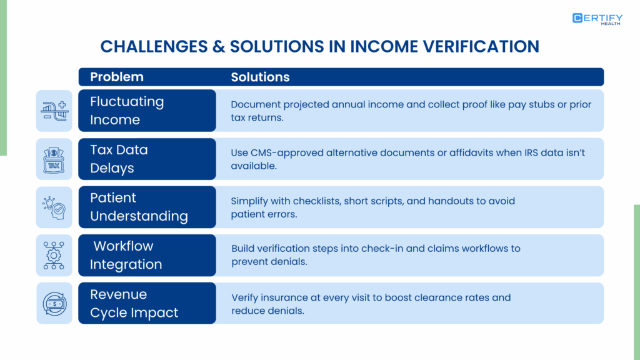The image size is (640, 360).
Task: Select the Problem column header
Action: click(x=117, y=77)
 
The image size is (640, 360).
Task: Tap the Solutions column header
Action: click(x=260, y=77)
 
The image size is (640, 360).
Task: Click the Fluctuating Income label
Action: click(x=127, y=111)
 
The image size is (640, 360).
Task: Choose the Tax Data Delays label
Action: click(x=119, y=159)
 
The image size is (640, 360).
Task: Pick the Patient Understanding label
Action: click(x=139, y=207)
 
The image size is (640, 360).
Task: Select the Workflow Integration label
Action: click(x=126, y=255)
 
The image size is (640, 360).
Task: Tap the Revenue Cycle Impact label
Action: click(x=134, y=303)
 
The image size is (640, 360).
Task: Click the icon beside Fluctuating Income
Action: click(x=54, y=111)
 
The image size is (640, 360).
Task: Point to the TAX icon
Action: click(x=54, y=159)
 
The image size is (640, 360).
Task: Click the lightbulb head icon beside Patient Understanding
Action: click(x=54, y=207)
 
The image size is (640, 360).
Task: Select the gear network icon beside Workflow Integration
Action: click(x=54, y=255)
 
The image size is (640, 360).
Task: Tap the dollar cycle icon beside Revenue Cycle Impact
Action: click(x=54, y=303)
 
